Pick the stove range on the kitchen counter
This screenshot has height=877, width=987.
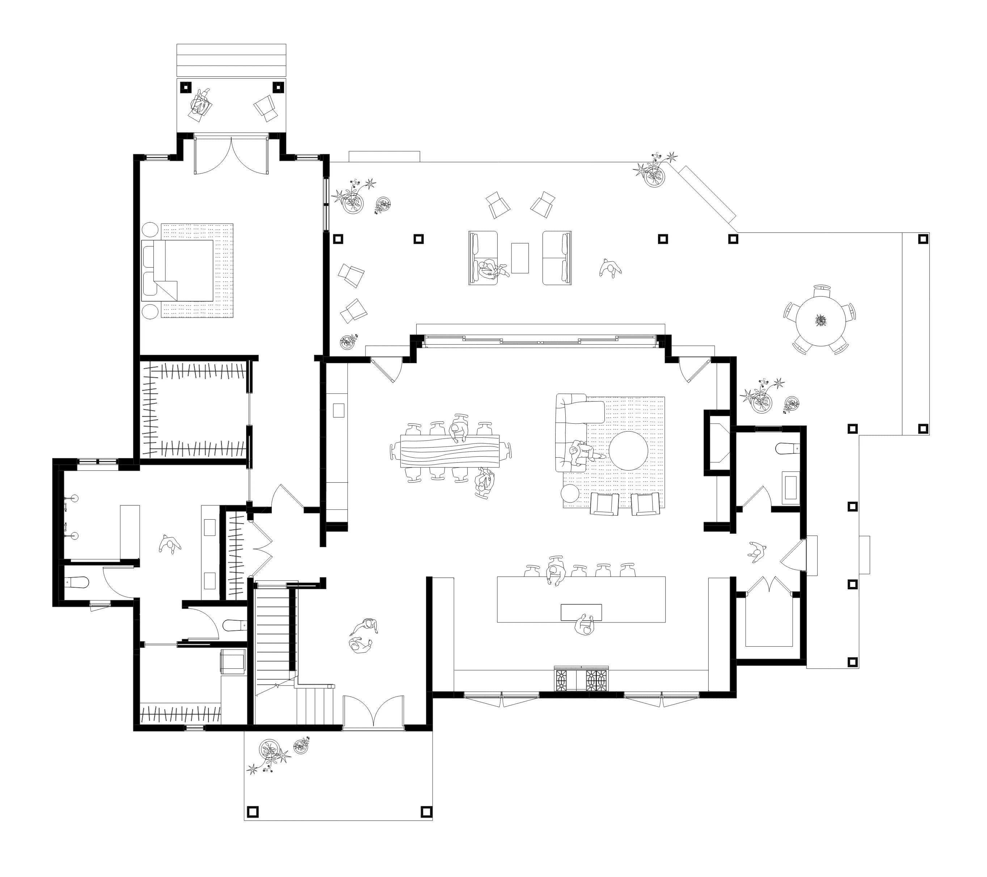coord(581,680)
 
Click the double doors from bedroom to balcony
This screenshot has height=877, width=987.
coord(231,156)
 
